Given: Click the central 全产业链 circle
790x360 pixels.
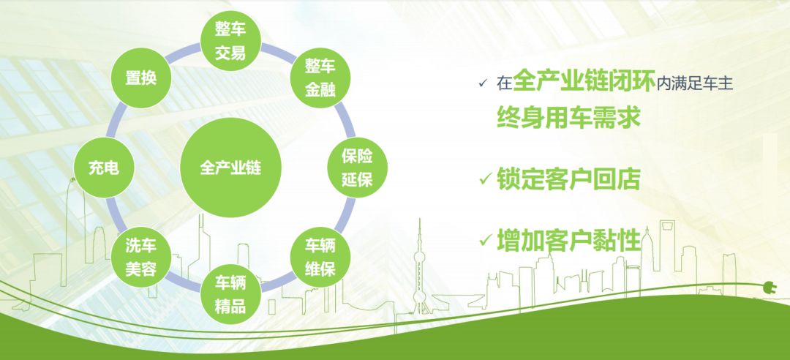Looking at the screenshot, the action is coord(230,168).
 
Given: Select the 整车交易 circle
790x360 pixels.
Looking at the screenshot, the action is coord(230,41).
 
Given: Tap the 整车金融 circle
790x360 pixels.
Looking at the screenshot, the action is coord(320,78).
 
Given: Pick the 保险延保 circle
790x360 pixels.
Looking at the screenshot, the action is coord(357,168).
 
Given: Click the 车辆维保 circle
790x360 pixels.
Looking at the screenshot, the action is coord(320,257).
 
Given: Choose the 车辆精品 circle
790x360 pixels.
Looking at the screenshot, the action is coord(230,294).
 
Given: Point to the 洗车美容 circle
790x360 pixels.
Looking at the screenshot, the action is coord(141,257).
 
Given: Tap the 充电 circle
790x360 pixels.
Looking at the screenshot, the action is coord(104,168).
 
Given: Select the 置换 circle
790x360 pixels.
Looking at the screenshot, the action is coord(141,78).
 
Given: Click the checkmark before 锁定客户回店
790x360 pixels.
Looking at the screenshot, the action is coord(486,179).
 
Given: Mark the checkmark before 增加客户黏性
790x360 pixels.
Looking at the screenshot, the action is coord(486,241).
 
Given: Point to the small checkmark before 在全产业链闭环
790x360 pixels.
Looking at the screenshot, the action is coord(484,83).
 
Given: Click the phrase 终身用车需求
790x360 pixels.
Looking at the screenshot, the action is coord(568,118).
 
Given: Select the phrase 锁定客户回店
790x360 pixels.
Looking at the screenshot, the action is coord(568,179).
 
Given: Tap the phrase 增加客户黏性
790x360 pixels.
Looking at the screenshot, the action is coord(568,241).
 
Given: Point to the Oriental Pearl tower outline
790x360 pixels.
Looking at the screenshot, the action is coord(419,268).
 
